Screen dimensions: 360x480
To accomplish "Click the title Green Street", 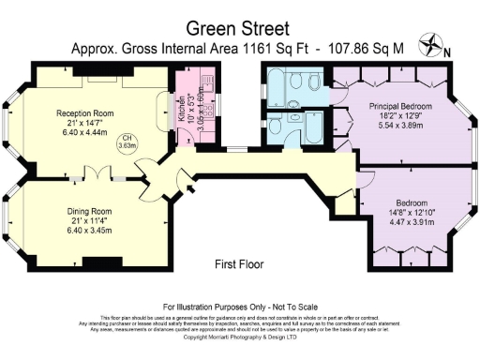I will (239, 27).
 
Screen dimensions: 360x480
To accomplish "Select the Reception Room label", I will (79, 112).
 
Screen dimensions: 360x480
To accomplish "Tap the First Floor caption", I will (239, 264).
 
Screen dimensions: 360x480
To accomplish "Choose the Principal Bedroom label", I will (400, 106).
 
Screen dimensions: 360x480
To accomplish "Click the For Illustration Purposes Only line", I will (239, 307).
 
